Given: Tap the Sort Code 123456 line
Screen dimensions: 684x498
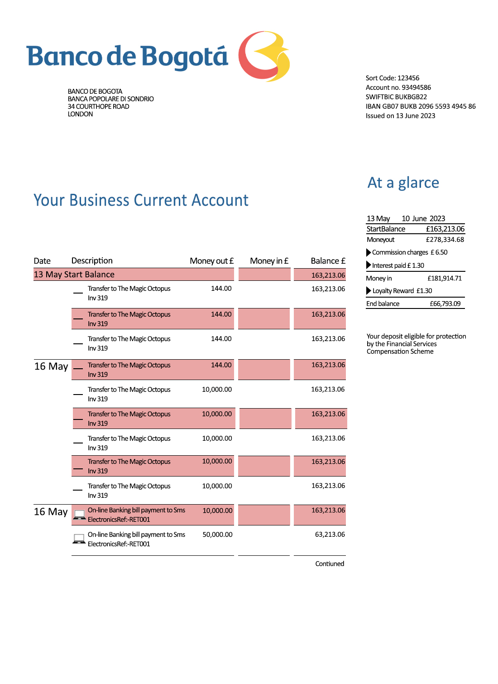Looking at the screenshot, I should (x=392, y=78).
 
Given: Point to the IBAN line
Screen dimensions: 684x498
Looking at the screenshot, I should (x=421, y=106).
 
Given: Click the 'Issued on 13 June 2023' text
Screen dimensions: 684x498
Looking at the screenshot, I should (x=400, y=116).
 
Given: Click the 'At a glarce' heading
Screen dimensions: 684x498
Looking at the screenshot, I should (x=403, y=183).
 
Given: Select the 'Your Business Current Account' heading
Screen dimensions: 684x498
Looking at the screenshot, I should (x=141, y=200).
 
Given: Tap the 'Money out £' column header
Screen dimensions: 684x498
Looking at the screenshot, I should (x=211, y=261).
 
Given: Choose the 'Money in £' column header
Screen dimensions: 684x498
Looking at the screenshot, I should (x=269, y=261).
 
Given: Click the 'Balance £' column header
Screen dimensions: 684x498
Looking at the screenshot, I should (x=328, y=261).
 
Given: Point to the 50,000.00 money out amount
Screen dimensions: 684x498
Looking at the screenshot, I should (x=217, y=535).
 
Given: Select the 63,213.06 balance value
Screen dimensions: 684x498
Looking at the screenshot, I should (x=330, y=535).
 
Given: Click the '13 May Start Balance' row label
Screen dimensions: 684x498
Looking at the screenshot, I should (x=74, y=275).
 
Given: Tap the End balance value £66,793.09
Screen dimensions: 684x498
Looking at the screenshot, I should (x=445, y=304).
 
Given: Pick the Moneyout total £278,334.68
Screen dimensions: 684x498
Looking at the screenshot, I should (x=445, y=240).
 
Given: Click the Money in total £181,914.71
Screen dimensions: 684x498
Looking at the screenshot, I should (x=445, y=279).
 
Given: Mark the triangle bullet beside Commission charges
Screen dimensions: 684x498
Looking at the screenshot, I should (x=369, y=252).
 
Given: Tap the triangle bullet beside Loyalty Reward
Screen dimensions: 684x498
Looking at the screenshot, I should (x=369, y=291).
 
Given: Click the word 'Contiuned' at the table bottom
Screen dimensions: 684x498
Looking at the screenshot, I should (x=330, y=564).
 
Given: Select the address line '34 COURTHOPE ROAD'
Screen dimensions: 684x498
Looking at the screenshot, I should (x=98, y=106).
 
